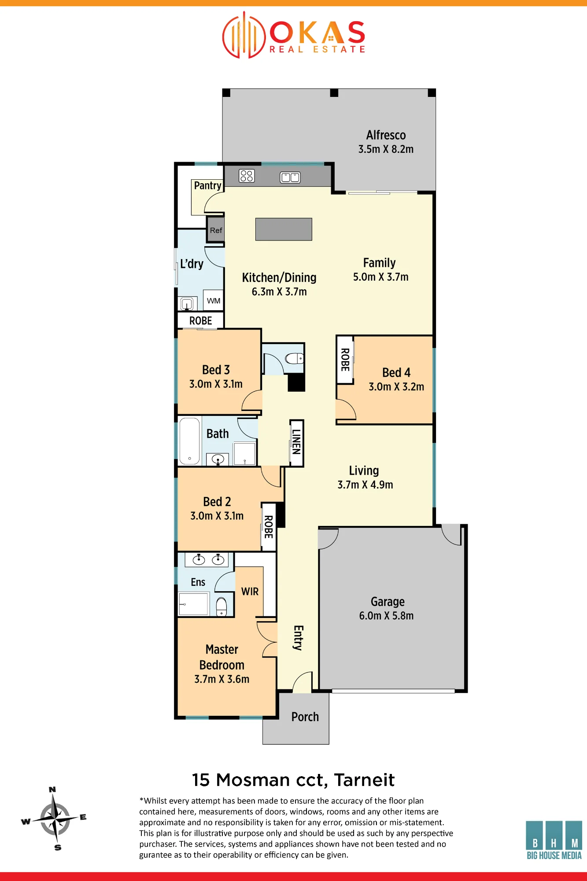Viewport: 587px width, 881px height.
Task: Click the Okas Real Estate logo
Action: pos(294,35)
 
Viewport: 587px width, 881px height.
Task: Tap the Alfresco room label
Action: pos(386,135)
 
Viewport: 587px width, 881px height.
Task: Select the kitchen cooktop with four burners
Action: pos(247,176)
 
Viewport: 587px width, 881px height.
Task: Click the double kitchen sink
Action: pos(290,177)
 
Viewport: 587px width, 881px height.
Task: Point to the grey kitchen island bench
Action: pos(284,229)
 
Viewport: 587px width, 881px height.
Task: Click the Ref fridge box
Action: pos(216,230)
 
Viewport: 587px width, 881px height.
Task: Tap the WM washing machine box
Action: pos(214,300)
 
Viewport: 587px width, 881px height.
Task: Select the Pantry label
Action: pos(207,185)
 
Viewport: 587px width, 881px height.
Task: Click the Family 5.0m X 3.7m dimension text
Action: pos(381,277)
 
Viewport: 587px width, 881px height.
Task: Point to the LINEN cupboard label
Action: pos(297,442)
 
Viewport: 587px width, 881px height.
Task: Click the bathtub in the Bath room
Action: pos(190,441)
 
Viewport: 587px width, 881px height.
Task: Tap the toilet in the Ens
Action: pos(222,606)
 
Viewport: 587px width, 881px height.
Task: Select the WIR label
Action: pos(250,592)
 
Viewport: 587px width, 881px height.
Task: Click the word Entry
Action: pos(298,638)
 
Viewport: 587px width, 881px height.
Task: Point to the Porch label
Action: pos(305,717)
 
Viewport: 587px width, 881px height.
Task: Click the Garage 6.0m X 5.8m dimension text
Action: pos(386,616)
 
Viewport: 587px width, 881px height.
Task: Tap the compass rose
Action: pos(54,818)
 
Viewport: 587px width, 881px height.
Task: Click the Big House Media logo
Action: pos(554,840)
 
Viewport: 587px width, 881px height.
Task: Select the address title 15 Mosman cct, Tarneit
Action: pos(293,780)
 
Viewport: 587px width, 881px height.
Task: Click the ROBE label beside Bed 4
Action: pos(345,359)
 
